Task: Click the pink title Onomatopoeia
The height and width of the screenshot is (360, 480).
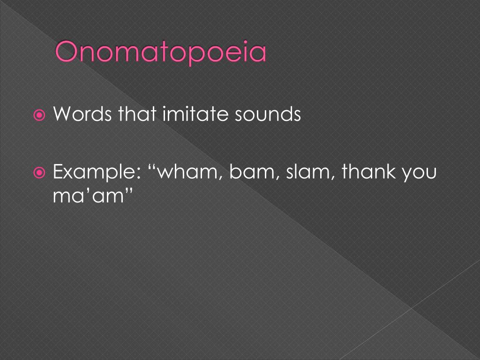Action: (x=161, y=52)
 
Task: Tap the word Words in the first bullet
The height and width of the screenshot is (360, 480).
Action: (x=82, y=114)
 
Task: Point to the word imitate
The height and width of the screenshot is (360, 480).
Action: (x=195, y=114)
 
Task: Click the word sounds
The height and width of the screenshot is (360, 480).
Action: (x=268, y=114)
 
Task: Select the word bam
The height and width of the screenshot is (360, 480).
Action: (x=252, y=172)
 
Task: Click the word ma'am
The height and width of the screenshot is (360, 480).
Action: (x=88, y=195)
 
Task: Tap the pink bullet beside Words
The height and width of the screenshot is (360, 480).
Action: (x=39, y=115)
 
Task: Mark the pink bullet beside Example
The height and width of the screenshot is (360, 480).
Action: (x=39, y=173)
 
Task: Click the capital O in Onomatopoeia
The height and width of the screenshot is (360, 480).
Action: (x=66, y=52)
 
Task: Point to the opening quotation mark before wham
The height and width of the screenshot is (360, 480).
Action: (x=152, y=167)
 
